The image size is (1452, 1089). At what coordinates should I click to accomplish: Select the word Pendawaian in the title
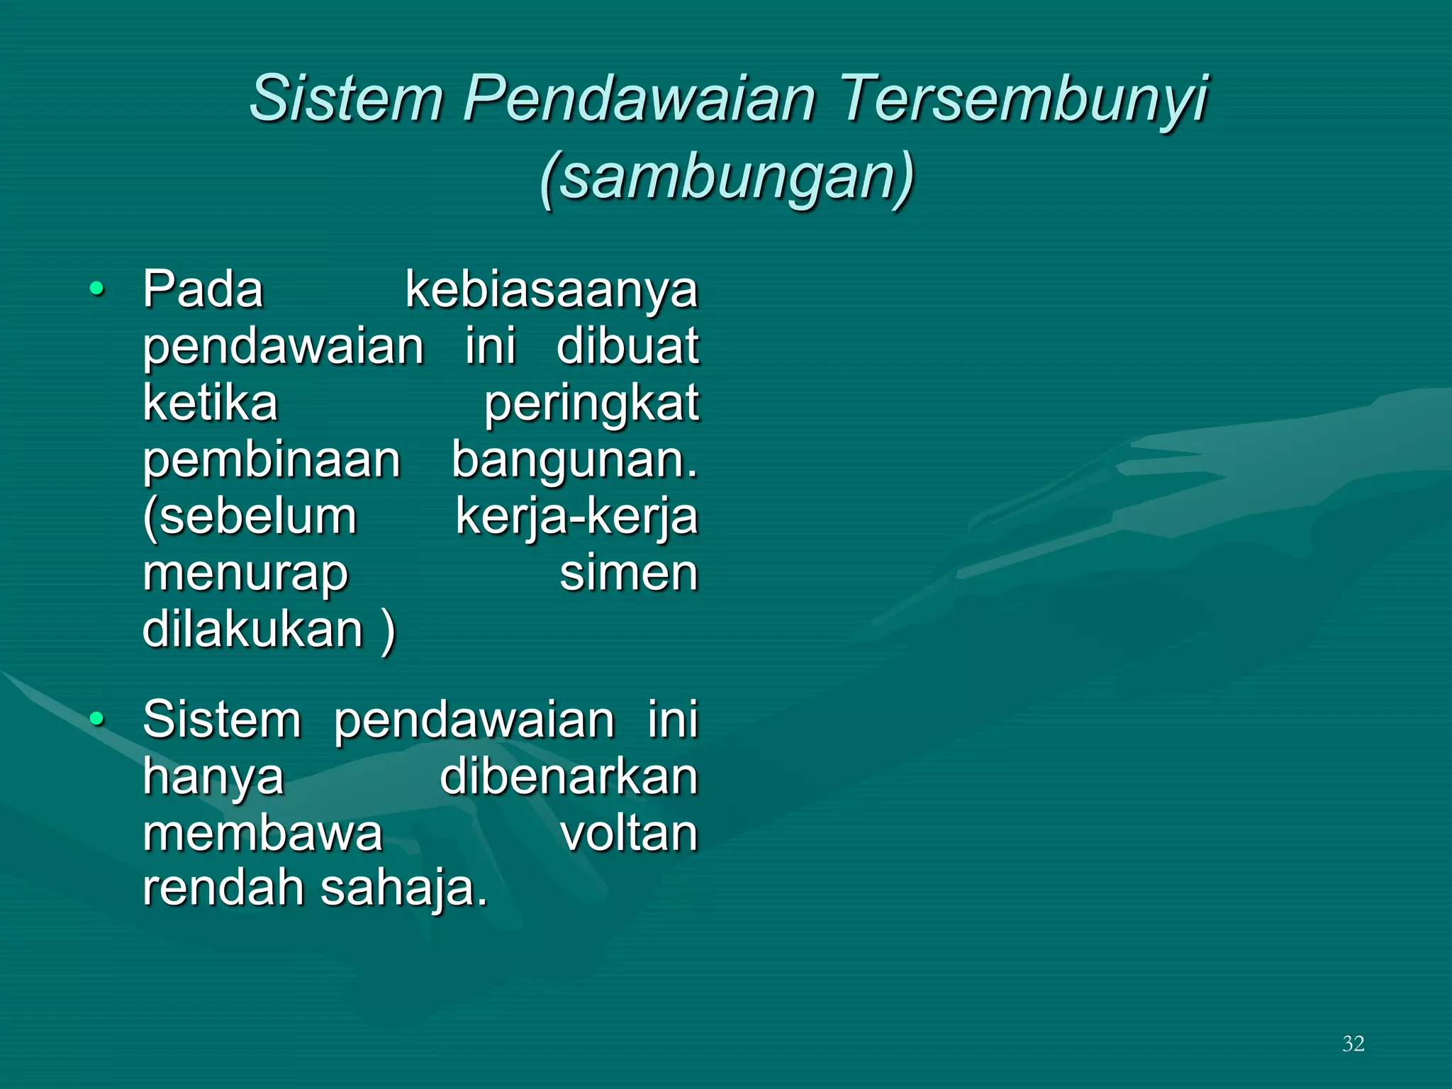(640, 99)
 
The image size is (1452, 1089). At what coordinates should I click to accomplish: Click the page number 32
(1353, 1044)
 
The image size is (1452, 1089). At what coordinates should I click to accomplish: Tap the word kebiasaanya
(552, 291)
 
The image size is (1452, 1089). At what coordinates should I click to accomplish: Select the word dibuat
(627, 347)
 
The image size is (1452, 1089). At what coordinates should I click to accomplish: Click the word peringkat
(591, 404)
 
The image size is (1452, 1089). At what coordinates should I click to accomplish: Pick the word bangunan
(574, 461)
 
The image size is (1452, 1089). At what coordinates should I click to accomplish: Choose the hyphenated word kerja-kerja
(576, 518)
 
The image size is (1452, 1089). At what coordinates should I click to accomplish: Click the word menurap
(245, 574)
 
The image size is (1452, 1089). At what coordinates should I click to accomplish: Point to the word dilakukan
(253, 630)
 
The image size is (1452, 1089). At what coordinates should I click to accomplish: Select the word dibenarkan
(569, 776)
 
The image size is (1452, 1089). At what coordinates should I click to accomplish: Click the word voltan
(629, 833)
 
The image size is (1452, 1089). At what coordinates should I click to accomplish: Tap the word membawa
(262, 833)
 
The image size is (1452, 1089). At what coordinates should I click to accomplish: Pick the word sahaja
(403, 889)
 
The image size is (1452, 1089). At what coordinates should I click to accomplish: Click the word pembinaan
(272, 461)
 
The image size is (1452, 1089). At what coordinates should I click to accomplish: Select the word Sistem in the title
(346, 99)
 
